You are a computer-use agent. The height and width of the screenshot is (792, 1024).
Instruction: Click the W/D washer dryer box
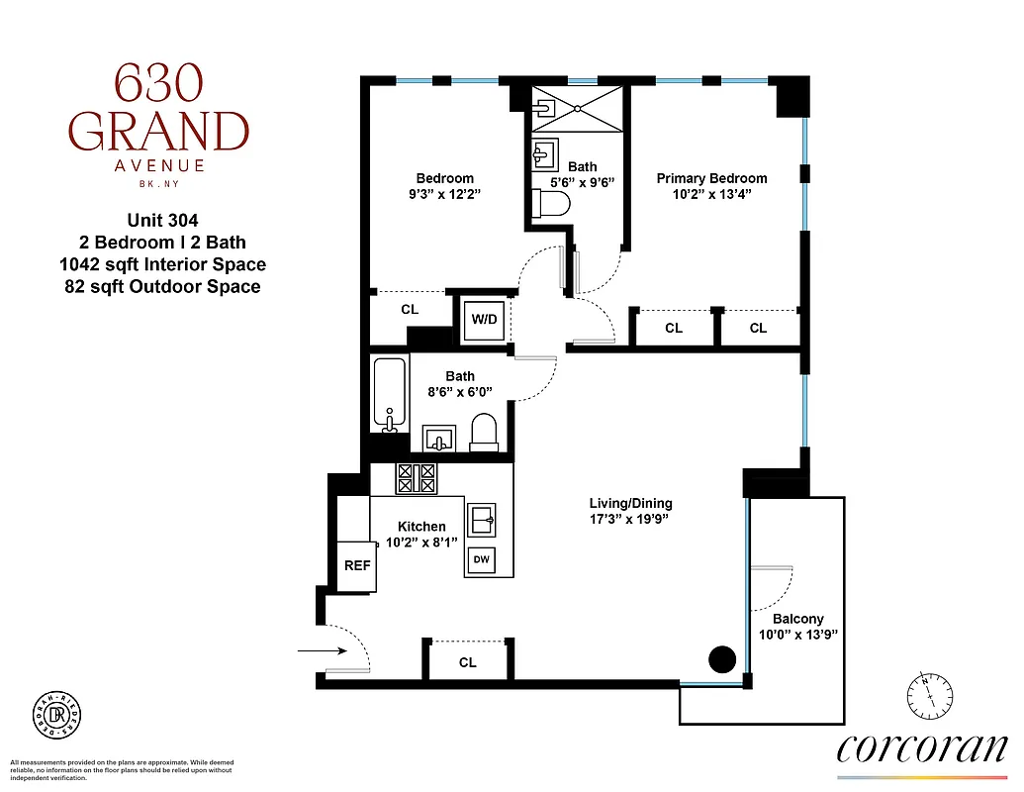click(x=484, y=319)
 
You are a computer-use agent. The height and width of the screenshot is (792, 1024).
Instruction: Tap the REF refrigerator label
click(x=357, y=566)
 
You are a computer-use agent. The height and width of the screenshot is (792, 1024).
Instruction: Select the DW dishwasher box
click(x=482, y=560)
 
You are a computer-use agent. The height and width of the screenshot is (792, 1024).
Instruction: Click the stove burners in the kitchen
click(x=416, y=479)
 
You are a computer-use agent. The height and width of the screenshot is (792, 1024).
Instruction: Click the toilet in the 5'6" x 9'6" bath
click(x=551, y=204)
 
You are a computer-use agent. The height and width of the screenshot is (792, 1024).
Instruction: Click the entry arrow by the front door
click(x=321, y=650)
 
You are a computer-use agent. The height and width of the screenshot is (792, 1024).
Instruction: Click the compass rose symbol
click(x=928, y=695)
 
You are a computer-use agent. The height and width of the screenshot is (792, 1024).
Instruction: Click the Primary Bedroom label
click(x=711, y=178)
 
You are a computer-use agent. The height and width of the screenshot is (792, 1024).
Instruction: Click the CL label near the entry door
click(x=467, y=662)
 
